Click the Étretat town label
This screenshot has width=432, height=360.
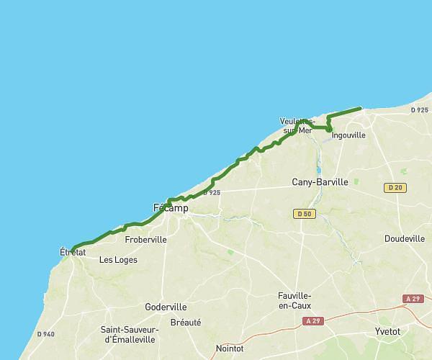click(73, 252)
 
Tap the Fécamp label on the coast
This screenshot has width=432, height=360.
click(171, 208)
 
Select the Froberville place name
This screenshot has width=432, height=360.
click(145, 239)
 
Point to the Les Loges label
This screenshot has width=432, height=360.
click(118, 260)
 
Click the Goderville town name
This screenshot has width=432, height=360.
click(166, 307)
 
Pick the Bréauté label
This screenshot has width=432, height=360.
click(186, 323)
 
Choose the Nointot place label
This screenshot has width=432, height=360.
click(230, 348)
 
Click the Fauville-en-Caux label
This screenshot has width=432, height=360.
click(294, 301)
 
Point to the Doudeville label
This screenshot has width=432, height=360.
click(405, 238)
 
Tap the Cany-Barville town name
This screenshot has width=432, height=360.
click(320, 182)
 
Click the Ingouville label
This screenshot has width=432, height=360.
click(349, 135)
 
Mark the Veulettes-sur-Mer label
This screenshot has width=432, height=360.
click(296, 125)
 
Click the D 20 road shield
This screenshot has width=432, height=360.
click(394, 188)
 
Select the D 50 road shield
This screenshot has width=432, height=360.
click(304, 214)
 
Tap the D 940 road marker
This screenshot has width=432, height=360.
click(45, 334)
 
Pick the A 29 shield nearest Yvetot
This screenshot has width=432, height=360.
click(413, 299)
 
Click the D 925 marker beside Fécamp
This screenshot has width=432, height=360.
click(211, 192)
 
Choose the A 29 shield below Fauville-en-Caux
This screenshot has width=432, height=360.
click(312, 321)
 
